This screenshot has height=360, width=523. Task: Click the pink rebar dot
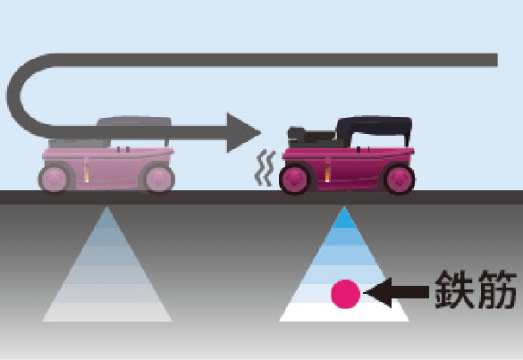[346, 294]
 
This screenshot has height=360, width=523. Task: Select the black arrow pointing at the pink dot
[396, 292]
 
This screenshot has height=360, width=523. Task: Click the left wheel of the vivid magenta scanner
[296, 180]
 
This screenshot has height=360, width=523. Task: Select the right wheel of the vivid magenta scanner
[399, 180]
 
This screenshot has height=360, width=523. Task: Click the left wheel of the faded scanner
[55, 179]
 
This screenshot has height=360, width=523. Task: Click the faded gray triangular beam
[106, 267]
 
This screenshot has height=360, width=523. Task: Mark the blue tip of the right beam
[344, 218]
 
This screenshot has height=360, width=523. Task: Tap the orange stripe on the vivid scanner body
[327, 172]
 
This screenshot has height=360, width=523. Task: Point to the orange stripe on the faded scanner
[87, 172]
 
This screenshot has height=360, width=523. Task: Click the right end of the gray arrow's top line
[497, 60]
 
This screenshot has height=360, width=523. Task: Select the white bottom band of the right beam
[344, 312]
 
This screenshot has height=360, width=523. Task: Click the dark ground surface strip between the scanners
[227, 197]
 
